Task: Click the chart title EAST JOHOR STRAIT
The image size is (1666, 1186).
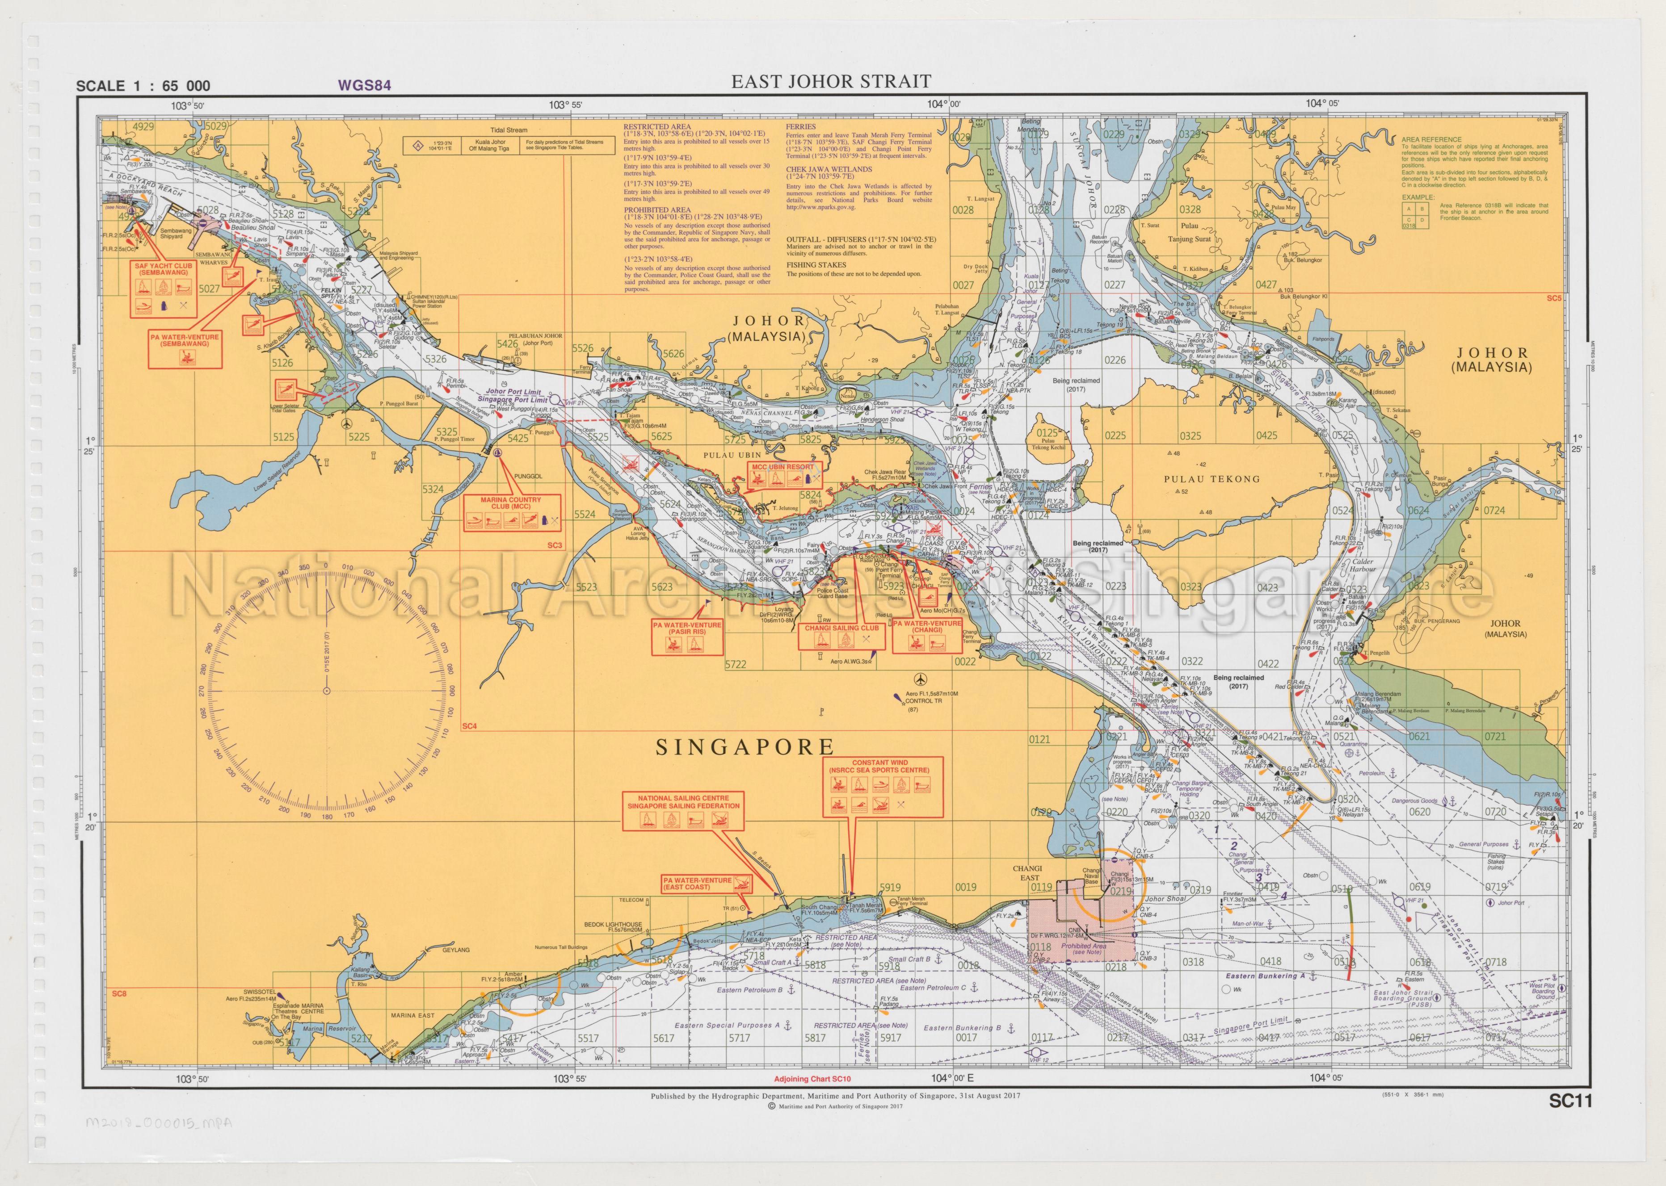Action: pyautogui.click(x=831, y=82)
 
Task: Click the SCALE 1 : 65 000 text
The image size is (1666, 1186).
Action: pyautogui.click(x=143, y=86)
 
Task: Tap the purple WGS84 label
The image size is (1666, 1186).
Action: pyautogui.click(x=364, y=85)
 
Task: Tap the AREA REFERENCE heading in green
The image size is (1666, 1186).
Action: pyautogui.click(x=1431, y=139)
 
